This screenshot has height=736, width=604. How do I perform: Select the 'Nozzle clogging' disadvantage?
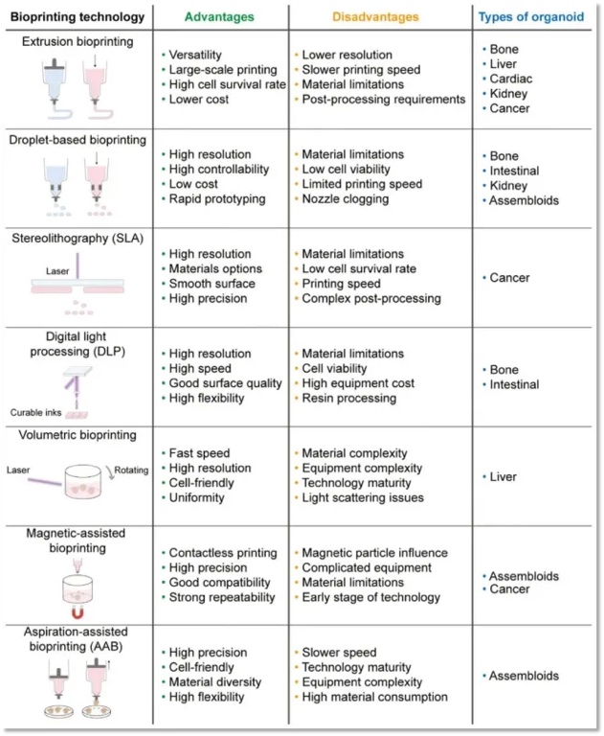pyautogui.click(x=345, y=199)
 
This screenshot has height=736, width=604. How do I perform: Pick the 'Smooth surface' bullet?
pyautogui.click(x=212, y=284)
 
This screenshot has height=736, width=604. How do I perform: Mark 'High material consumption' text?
pyautogui.click(x=374, y=697)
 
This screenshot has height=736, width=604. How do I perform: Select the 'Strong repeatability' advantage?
pyautogui.click(x=221, y=598)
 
